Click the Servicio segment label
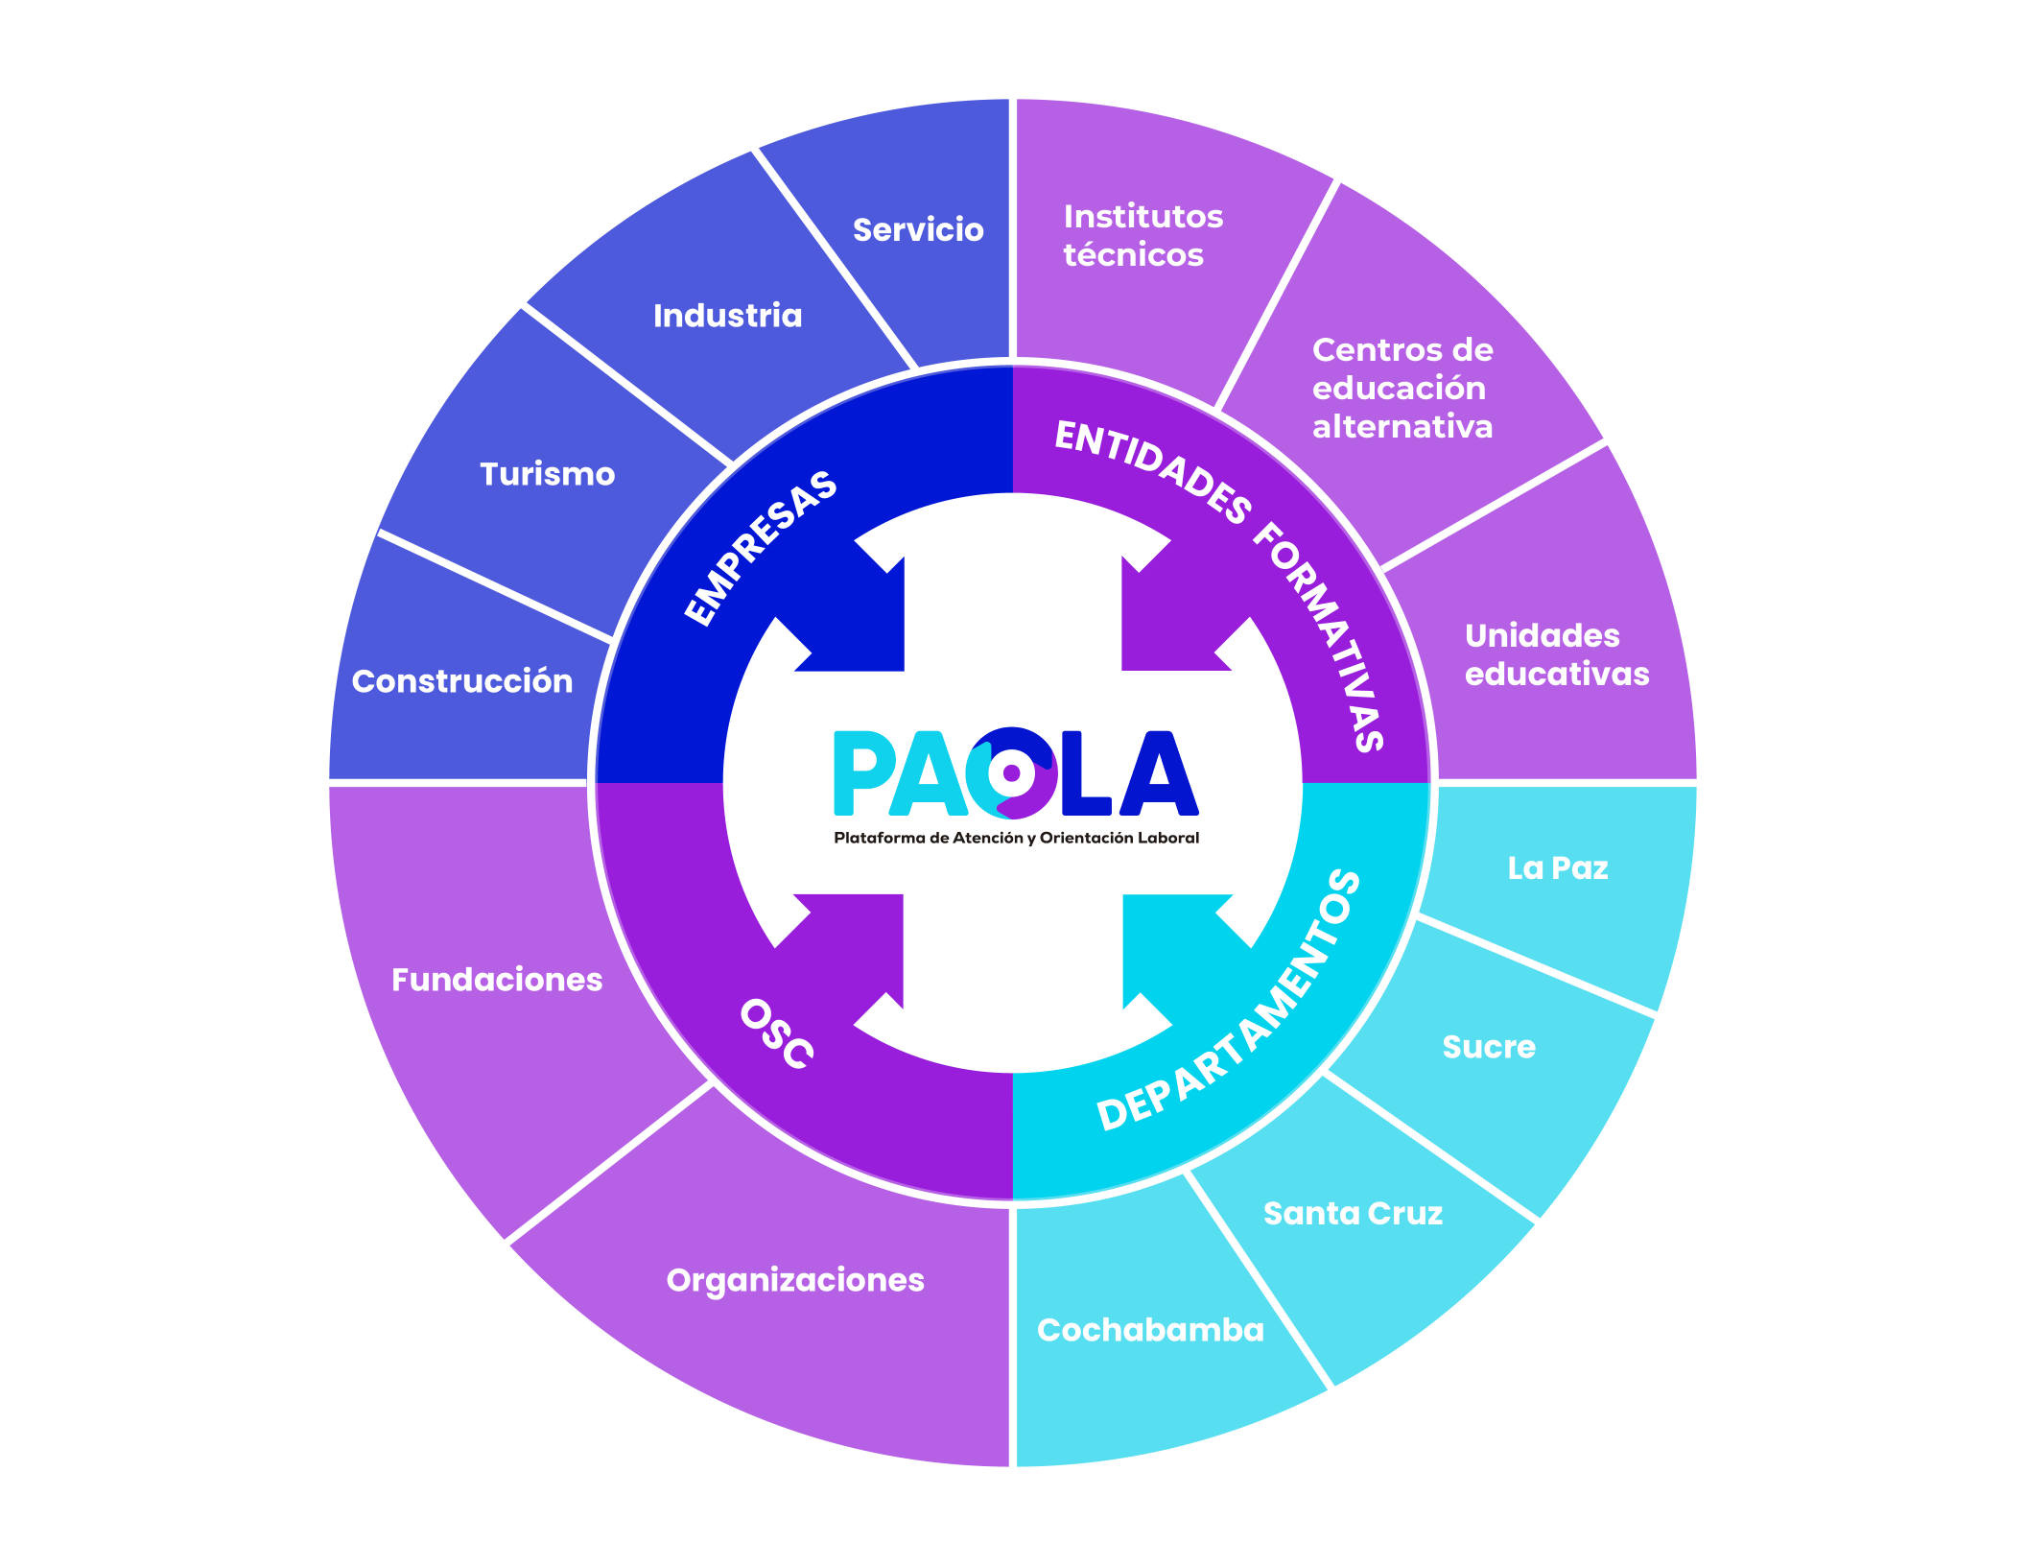(x=918, y=230)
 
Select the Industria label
(x=727, y=316)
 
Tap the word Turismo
(x=547, y=474)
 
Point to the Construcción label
(x=462, y=681)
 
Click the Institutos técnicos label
(x=1143, y=235)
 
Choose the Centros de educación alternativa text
(x=1402, y=388)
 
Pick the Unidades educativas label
(x=1556, y=654)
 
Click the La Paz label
(x=1557, y=868)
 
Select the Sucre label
(x=1489, y=1047)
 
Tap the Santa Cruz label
(x=1353, y=1214)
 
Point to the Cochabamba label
(x=1150, y=1330)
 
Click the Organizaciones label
(x=795, y=1280)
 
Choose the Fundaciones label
(x=497, y=980)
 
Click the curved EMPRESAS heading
(x=761, y=548)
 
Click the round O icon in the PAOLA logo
(x=1011, y=773)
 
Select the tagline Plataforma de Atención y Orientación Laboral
(x=1016, y=838)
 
